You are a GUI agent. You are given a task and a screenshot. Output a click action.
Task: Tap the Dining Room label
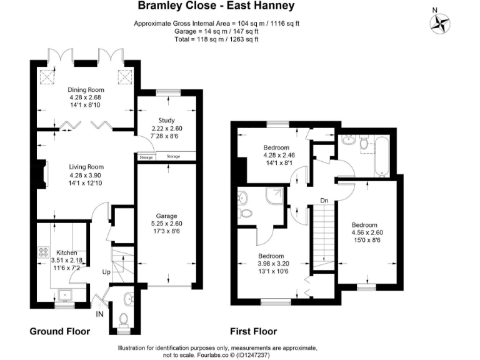coord(86,89)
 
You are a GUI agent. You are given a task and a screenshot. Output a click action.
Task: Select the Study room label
coord(166,120)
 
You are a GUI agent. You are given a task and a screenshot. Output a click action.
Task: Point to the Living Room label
coord(86,167)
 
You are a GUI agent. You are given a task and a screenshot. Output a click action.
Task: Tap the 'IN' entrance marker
coord(99,314)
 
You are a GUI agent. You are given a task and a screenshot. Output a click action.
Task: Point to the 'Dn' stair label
coord(324,201)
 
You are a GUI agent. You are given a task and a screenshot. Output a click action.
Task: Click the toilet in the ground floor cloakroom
coord(124,319)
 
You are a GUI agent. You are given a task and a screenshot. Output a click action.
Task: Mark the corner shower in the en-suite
coord(273,197)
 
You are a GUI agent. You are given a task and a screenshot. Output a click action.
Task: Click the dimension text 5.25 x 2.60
coord(166,223)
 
